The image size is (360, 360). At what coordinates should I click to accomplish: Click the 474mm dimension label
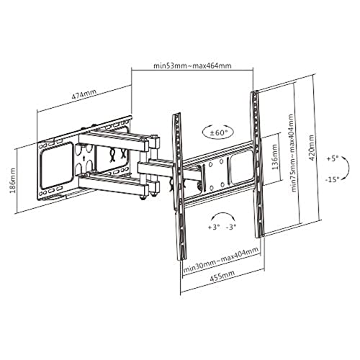(84, 95)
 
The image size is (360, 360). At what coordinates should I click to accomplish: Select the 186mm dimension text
(12, 181)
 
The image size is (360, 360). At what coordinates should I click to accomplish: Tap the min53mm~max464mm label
(192, 66)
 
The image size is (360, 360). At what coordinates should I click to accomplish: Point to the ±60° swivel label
(218, 132)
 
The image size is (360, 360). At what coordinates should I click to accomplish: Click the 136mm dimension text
(274, 157)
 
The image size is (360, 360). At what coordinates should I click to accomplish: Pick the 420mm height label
(311, 148)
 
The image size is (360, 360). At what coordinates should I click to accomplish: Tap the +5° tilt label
(333, 158)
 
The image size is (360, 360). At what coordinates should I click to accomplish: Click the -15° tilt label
(333, 179)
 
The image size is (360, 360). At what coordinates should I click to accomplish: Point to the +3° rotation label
(214, 227)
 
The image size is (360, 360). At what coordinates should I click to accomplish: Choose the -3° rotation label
(231, 227)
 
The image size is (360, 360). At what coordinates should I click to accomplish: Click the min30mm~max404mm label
(221, 261)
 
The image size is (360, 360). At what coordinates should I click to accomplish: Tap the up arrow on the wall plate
(84, 158)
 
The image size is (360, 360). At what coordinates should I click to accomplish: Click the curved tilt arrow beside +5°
(347, 168)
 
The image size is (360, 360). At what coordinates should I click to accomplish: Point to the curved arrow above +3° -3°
(222, 214)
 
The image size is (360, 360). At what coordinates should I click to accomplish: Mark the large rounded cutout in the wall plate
(57, 165)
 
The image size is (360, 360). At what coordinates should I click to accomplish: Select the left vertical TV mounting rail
(179, 186)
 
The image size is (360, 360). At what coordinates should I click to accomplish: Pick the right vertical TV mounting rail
(258, 164)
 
